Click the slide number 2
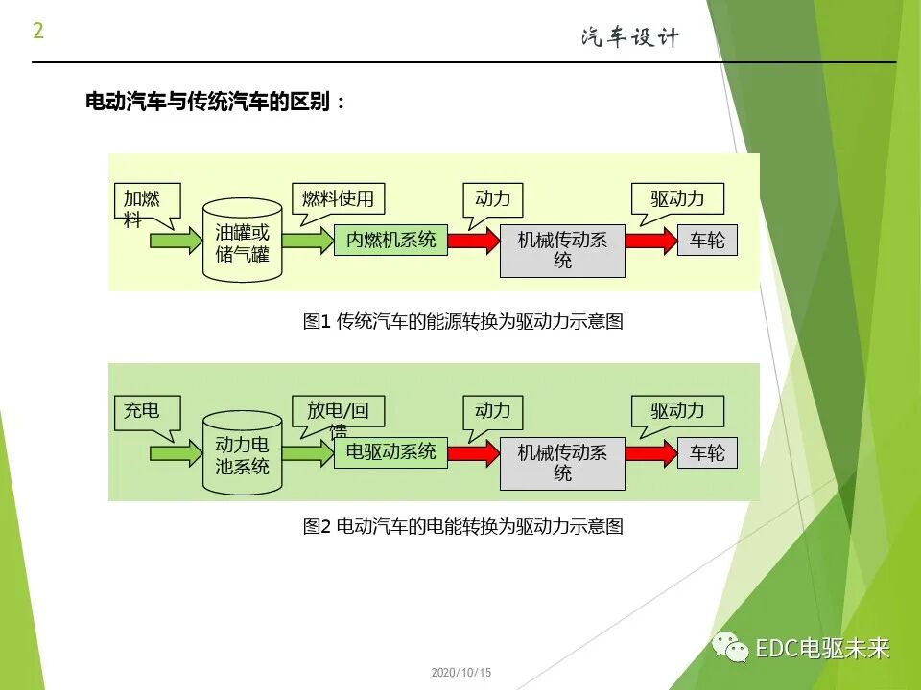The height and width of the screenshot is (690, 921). (38, 31)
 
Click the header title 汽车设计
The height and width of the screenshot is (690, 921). (629, 37)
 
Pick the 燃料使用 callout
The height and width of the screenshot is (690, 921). (337, 199)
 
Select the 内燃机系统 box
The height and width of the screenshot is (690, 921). (390, 240)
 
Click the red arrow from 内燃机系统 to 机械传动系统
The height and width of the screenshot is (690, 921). (470, 240)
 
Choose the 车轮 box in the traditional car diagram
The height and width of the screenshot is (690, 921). (707, 240)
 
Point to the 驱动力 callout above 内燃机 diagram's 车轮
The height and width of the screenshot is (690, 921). (677, 199)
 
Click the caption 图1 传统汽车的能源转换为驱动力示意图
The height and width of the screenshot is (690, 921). (462, 322)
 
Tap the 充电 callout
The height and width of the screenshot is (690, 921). (142, 411)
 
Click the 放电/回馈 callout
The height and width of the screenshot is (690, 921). (337, 412)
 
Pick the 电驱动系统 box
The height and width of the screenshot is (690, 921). (390, 451)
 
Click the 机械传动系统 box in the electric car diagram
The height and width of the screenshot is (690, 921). (562, 461)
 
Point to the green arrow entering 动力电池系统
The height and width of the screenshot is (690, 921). (176, 451)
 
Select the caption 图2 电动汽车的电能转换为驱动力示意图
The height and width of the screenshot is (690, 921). (462, 526)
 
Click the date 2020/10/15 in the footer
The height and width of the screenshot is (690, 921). (460, 673)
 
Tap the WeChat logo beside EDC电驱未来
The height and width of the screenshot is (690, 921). (730, 648)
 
